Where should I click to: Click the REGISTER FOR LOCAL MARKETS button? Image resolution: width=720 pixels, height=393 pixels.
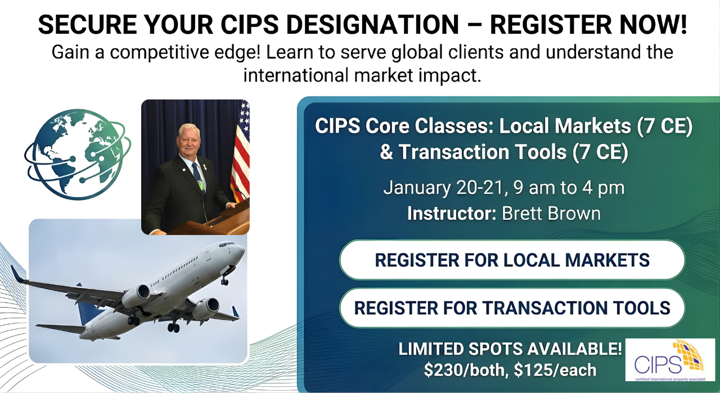point(512,260)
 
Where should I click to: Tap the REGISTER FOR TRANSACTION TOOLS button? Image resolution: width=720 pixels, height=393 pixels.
point(512,308)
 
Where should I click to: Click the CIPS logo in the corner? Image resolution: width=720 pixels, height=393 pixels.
point(669,360)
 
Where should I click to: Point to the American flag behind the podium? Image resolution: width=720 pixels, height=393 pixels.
point(240,152)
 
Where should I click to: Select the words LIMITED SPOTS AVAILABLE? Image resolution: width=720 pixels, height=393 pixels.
point(511,349)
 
